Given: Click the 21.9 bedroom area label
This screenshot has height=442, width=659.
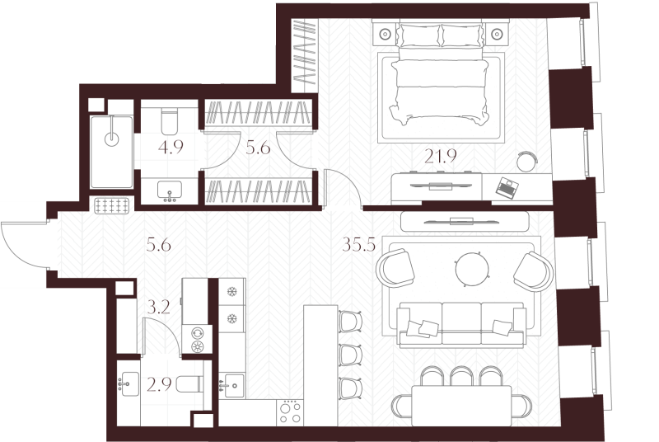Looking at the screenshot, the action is [440, 157].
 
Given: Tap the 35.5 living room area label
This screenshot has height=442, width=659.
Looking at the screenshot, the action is [358, 244].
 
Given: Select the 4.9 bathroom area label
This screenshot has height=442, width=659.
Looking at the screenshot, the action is [171, 147].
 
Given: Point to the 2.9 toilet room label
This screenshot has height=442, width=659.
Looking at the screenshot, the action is [159, 384].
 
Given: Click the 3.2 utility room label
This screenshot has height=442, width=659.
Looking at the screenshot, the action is [159, 308].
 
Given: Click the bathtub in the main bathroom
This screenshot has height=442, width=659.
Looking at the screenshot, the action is [111, 152].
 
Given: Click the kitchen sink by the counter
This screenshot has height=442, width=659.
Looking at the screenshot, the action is [231, 385].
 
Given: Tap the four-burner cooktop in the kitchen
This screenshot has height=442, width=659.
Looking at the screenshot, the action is [290, 412].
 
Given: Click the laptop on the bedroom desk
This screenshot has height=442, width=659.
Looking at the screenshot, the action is [507, 187].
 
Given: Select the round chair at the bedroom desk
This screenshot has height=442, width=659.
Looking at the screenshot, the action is [527, 162].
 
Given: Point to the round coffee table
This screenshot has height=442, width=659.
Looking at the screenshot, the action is [473, 268].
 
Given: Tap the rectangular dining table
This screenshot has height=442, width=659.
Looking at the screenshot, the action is [461, 406].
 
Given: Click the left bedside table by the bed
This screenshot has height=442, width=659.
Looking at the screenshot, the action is [385, 34].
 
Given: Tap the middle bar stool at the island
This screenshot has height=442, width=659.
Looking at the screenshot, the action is [351, 355].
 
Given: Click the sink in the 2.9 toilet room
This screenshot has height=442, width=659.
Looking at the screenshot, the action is [128, 383].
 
